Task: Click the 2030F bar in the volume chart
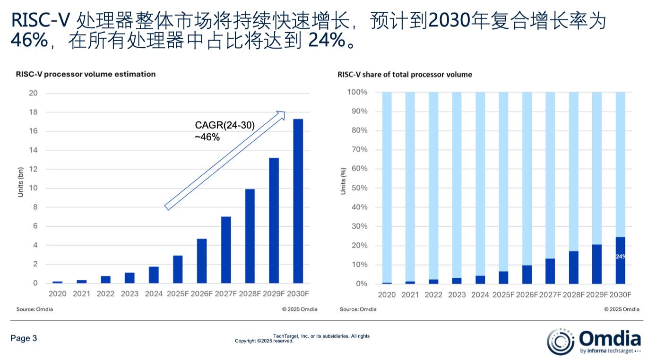point(298,201)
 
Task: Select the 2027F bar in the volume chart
point(226,249)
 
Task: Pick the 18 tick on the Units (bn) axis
point(33,112)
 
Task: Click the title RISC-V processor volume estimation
point(86,74)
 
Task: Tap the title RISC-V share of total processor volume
point(405,75)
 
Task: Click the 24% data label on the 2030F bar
point(620,257)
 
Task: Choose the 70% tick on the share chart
point(358,150)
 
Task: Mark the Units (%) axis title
point(344,180)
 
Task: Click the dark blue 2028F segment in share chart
point(574,267)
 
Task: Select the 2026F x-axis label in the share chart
point(527,295)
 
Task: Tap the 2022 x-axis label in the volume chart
point(105,294)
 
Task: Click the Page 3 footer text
point(24,338)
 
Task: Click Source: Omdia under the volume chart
point(35,309)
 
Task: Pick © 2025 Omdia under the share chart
point(622,309)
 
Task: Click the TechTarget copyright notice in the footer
point(303,338)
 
